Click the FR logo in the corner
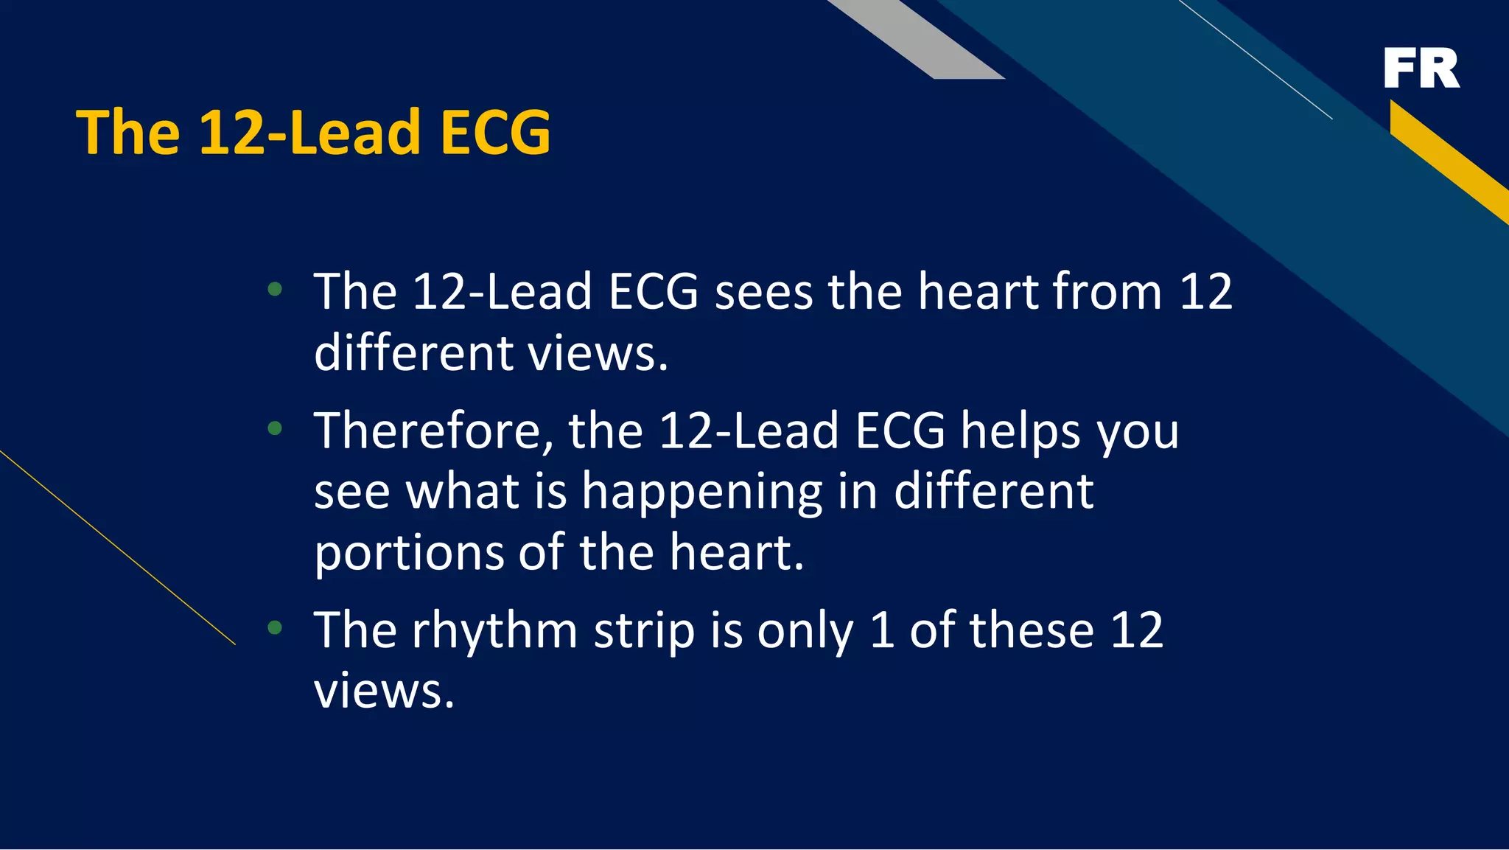[1421, 68]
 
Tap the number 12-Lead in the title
[309, 133]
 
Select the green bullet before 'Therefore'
[275, 428]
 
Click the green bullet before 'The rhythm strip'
[275, 628]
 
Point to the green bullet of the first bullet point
[275, 289]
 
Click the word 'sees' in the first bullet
[763, 293]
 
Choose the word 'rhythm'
[494, 631]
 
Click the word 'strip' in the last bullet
[644, 631]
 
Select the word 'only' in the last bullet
[805, 631]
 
